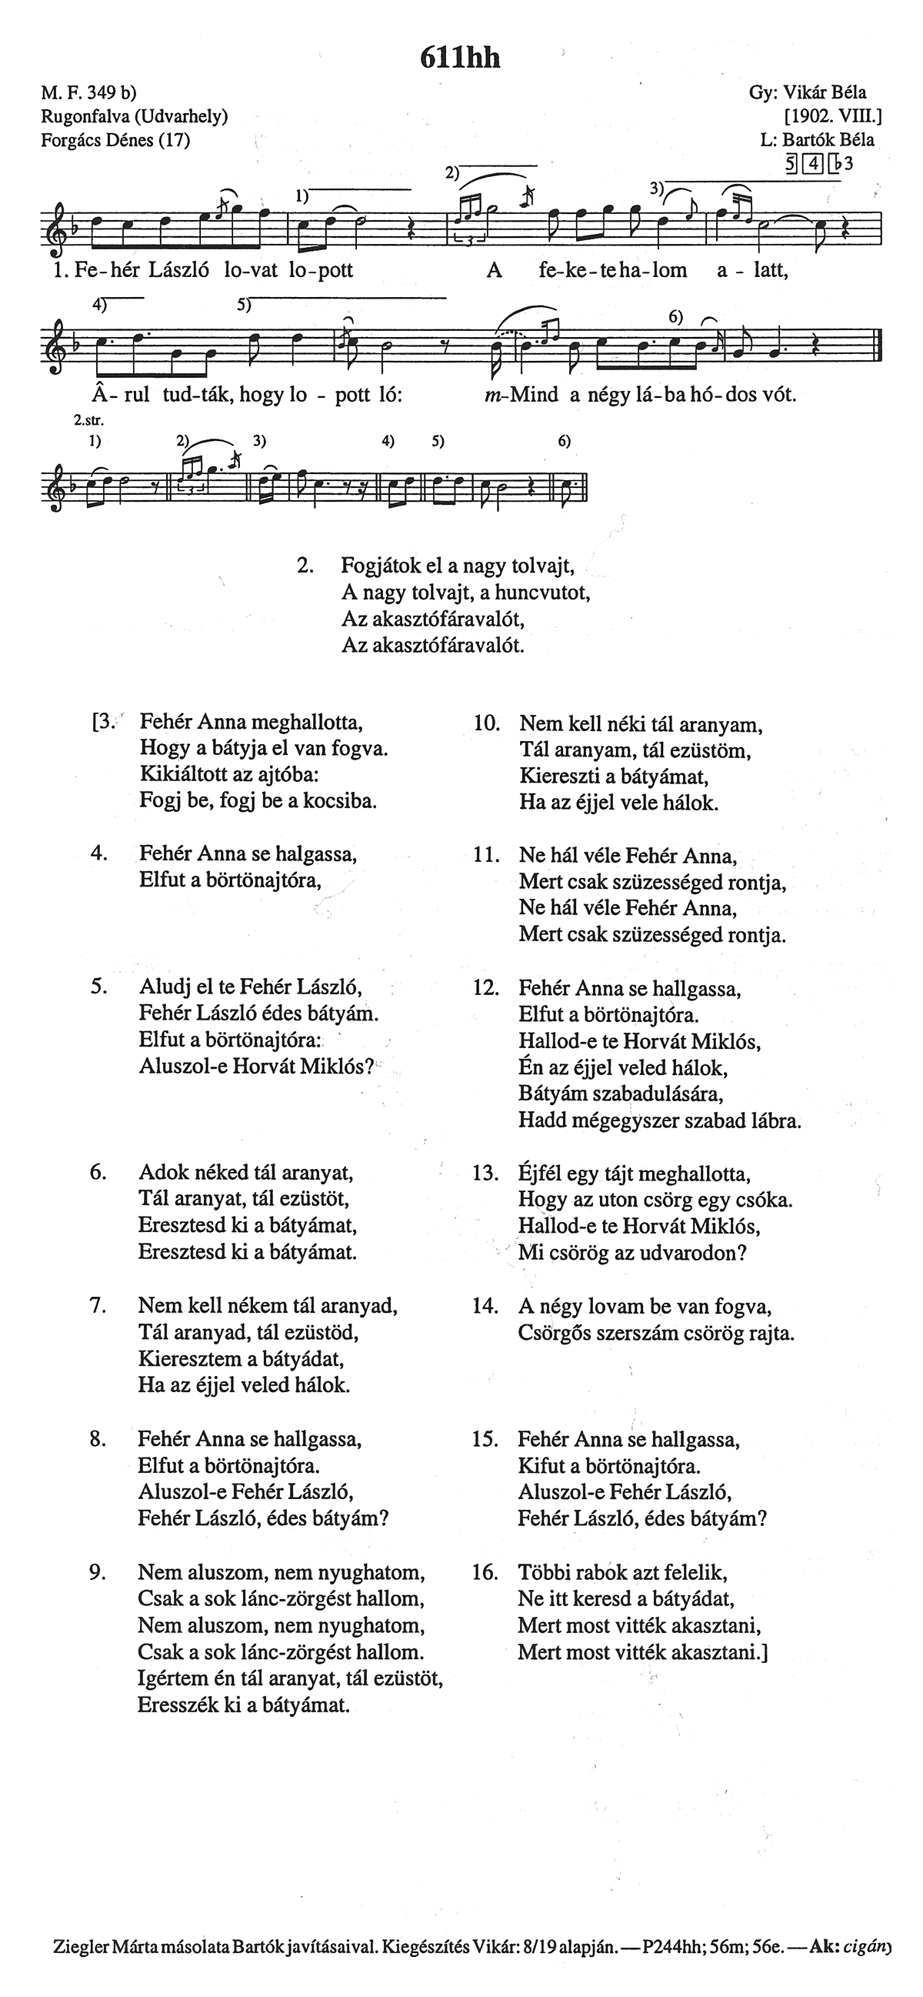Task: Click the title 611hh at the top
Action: tap(459, 58)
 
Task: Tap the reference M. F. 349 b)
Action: tap(89, 93)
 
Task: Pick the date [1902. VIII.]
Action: tap(833, 116)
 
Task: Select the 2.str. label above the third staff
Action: tap(89, 421)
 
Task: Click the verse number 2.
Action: tap(305, 565)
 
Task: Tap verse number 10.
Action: tap(486, 724)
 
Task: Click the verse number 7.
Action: tap(98, 1305)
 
